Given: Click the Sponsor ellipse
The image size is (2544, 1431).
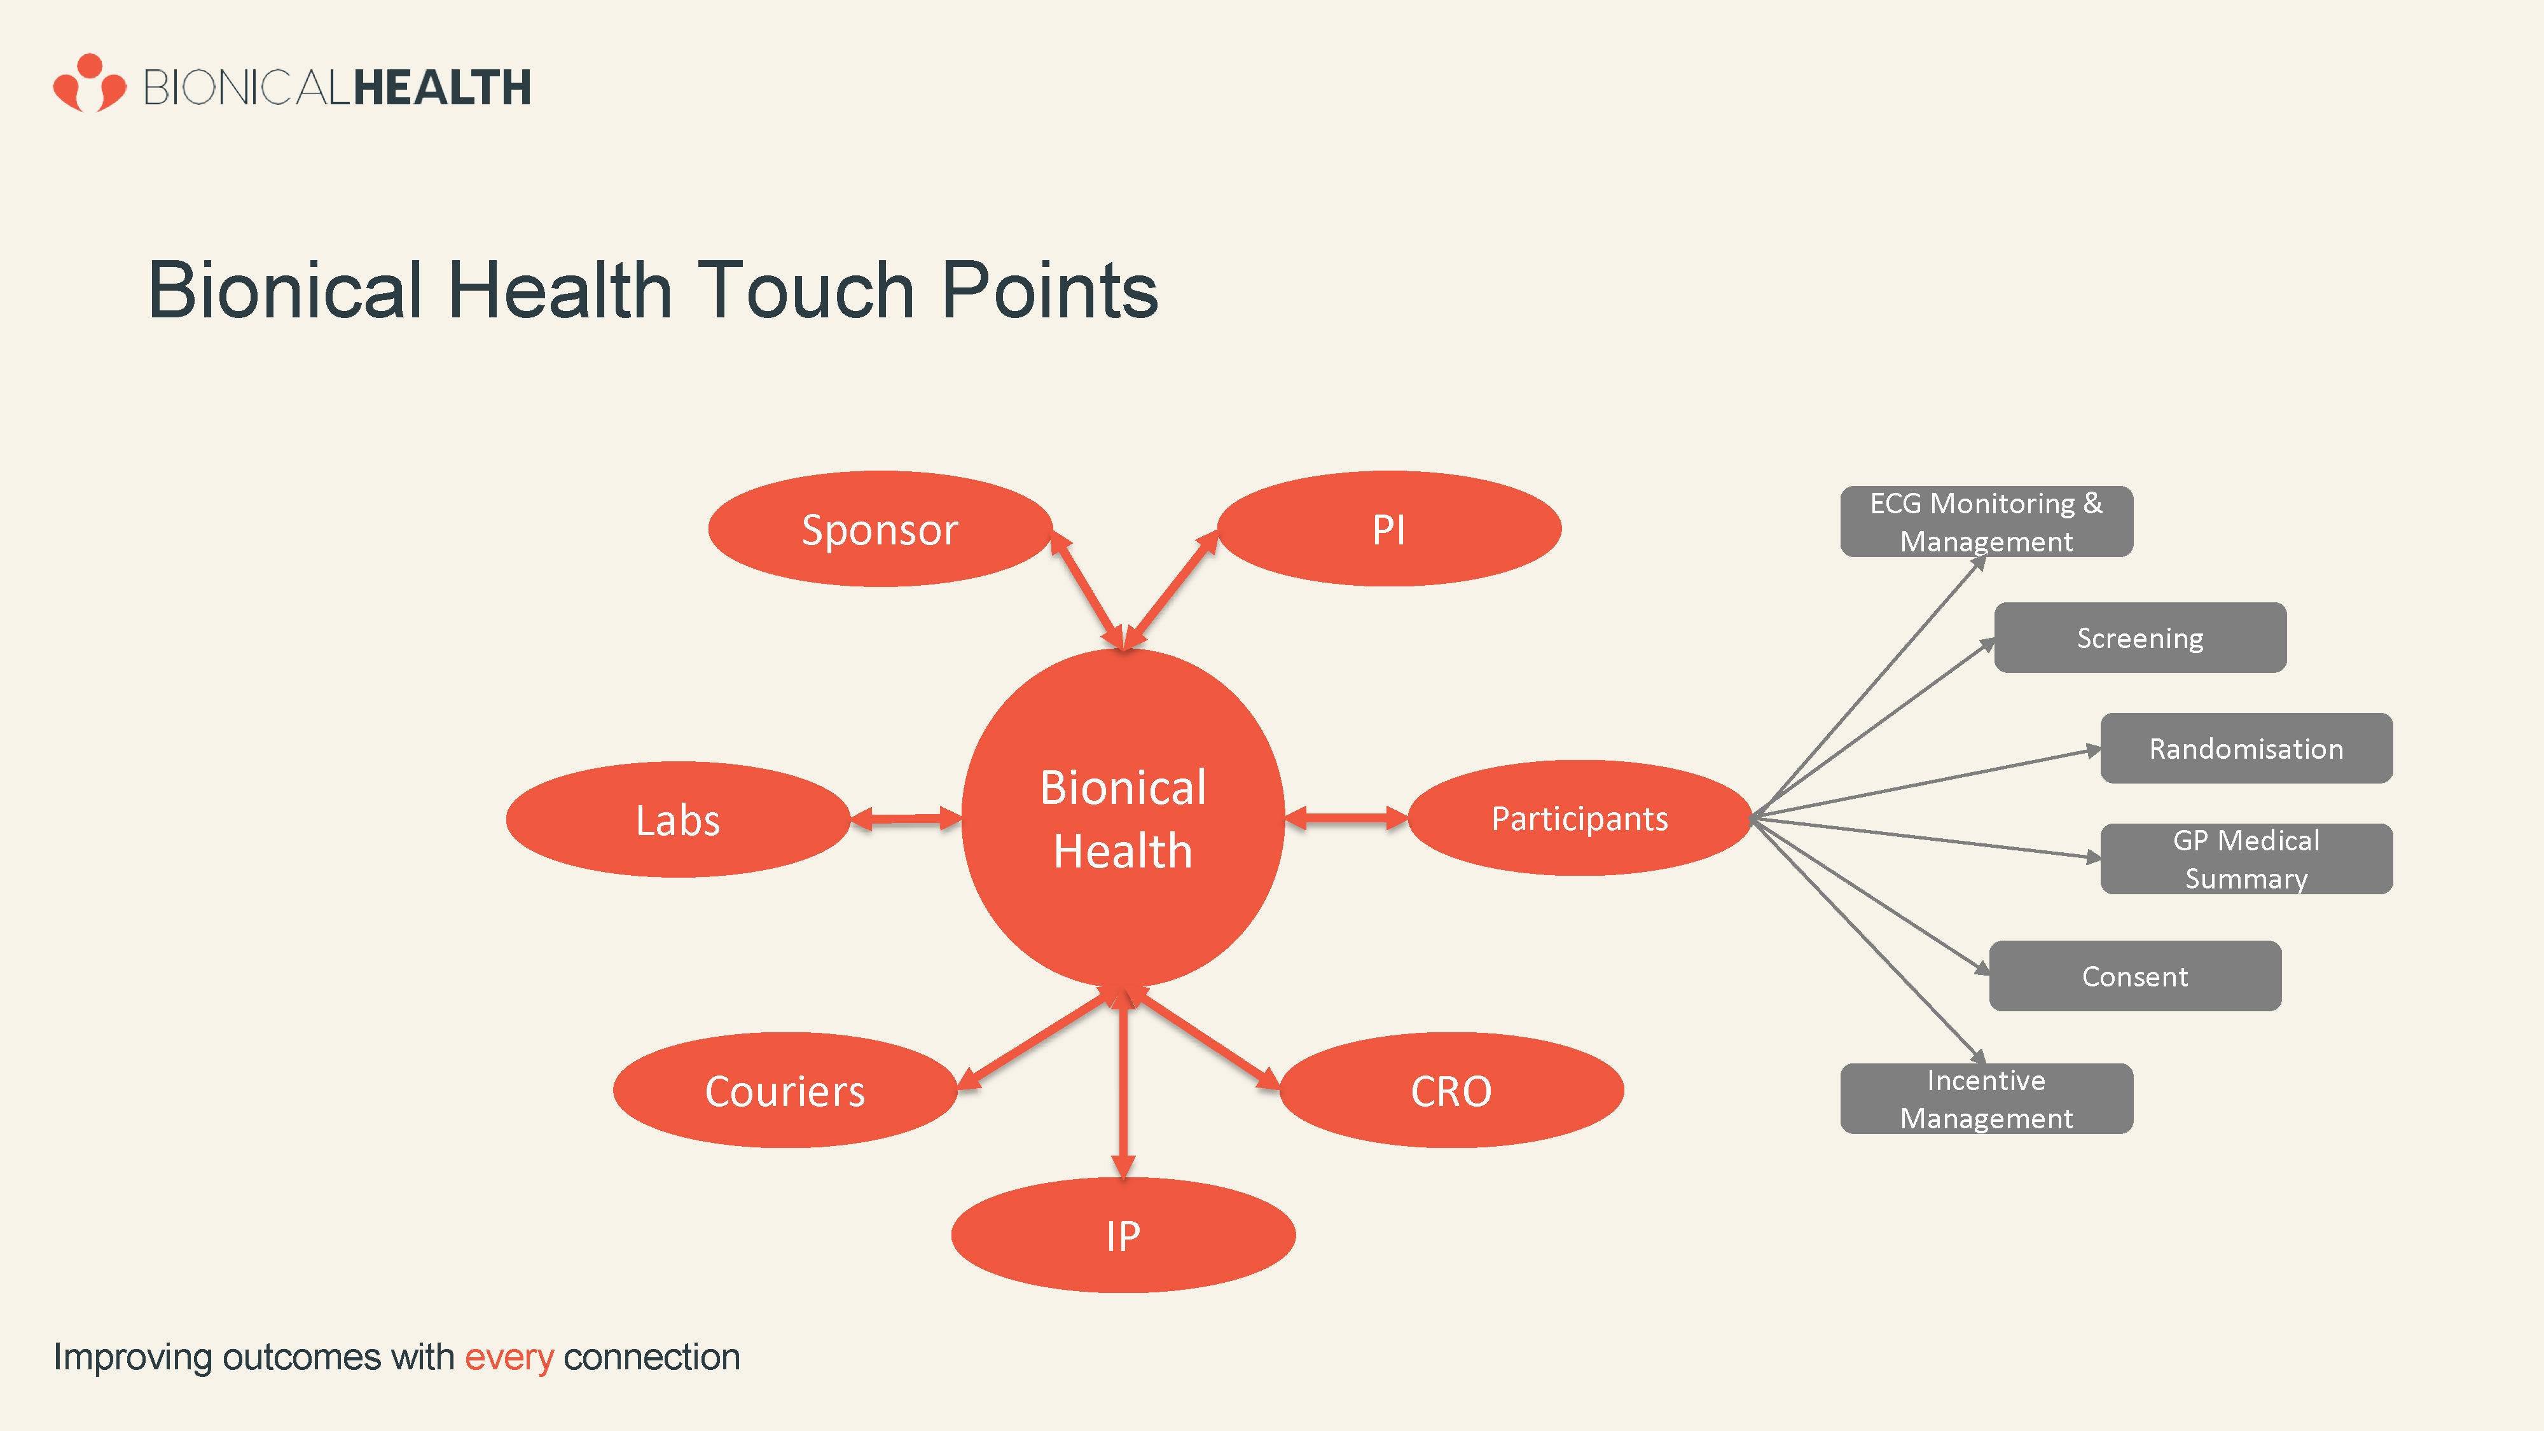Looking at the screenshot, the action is [x=880, y=529].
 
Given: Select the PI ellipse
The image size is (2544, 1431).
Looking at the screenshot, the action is [x=1388, y=529].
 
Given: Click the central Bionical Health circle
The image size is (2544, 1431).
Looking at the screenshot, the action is [x=1123, y=818].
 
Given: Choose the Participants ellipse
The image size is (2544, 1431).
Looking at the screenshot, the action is [x=1579, y=818].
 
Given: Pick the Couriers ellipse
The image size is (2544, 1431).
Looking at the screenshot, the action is [x=785, y=1090].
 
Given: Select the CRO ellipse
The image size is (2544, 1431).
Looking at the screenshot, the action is [x=1452, y=1090].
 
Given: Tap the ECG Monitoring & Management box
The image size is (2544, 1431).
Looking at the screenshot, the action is [x=1986, y=522].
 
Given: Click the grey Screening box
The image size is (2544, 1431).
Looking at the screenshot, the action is [x=2140, y=638].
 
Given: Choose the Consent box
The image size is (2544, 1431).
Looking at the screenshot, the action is [x=2135, y=976].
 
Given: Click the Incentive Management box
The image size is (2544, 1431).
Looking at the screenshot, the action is [x=1986, y=1098].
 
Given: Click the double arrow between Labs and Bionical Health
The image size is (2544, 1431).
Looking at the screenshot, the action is [x=906, y=818].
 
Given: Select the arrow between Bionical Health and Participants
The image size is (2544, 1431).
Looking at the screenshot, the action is [x=1346, y=818].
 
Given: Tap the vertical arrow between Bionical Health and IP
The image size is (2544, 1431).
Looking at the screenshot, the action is [x=1123, y=1082].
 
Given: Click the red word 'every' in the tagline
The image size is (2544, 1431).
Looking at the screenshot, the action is [x=509, y=1358].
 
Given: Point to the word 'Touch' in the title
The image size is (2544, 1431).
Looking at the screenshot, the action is [x=807, y=291].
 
